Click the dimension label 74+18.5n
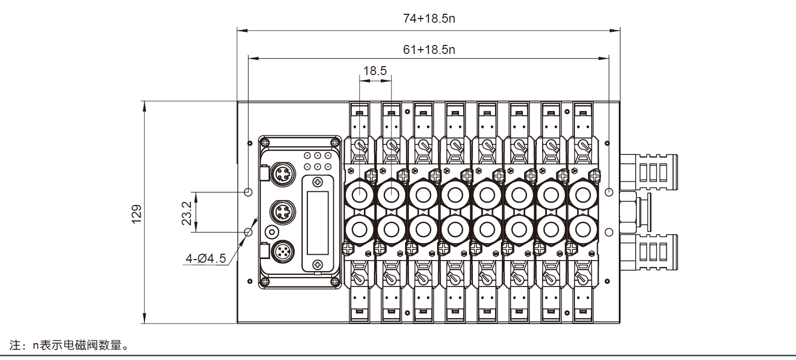point(429,19)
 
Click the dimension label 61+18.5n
point(429,50)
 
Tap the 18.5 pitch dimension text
point(375,70)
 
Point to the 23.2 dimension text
point(187,213)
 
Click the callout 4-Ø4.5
point(206,259)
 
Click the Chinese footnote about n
point(69,346)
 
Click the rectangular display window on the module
point(317,223)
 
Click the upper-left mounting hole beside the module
point(249,191)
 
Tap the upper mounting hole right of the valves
point(609,191)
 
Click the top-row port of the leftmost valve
point(359,195)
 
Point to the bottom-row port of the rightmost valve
point(582,229)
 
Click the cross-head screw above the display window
point(317,182)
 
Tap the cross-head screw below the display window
point(317,264)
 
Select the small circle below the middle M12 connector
point(272,232)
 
